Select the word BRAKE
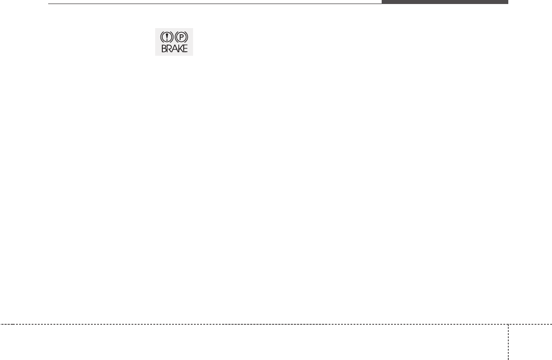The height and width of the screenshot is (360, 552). click(x=174, y=49)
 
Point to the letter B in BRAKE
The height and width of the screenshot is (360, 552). click(x=164, y=49)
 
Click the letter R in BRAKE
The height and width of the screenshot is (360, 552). click(x=169, y=49)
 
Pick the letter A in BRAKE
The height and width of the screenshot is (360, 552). click(x=174, y=49)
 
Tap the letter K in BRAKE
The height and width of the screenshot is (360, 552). click(x=179, y=49)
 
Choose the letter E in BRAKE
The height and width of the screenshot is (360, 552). click(x=185, y=49)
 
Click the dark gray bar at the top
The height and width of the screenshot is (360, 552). click(x=445, y=2)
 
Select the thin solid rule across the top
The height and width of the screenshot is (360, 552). click(x=214, y=4)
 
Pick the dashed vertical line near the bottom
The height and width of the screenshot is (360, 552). click(x=508, y=343)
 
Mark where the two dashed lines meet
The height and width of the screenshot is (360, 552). click(x=508, y=324)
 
